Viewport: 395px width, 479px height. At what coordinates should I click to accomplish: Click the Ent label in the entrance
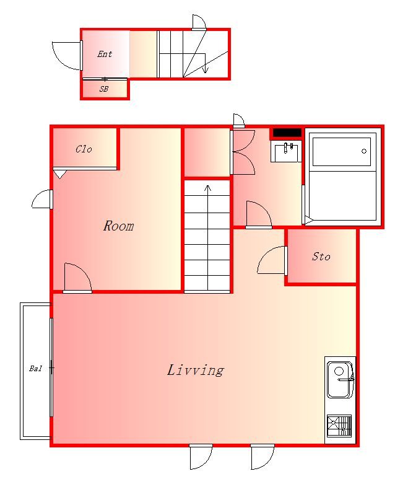coord(105,55)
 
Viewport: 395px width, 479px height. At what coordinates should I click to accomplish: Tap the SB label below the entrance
coord(104,89)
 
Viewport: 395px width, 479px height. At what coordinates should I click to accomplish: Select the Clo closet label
coord(84,149)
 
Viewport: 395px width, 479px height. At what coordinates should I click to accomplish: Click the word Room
coord(119,226)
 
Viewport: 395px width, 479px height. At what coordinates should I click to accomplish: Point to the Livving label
coord(196,370)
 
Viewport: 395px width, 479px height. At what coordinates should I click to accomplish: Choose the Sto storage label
coord(321,257)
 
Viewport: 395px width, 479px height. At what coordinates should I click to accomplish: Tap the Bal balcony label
coord(36,369)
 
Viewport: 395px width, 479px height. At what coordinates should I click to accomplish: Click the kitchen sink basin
coord(340,380)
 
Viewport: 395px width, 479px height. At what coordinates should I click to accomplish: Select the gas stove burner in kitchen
coord(339,426)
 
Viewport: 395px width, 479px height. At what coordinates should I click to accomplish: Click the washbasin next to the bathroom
coord(286,152)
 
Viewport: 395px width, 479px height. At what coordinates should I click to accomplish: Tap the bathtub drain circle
coord(364,151)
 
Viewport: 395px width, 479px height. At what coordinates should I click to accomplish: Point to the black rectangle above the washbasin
coord(287,133)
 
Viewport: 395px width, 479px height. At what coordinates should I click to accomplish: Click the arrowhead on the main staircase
coord(208,188)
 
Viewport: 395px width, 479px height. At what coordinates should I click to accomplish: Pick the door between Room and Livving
coord(77,278)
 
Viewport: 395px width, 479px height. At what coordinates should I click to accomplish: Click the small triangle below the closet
coord(60,174)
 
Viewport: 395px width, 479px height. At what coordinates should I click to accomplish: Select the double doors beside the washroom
coord(243,152)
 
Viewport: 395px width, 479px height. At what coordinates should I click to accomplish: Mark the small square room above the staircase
coord(207,152)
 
